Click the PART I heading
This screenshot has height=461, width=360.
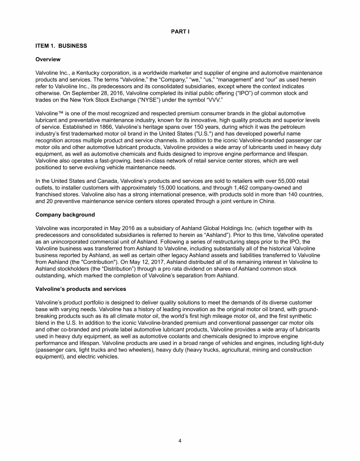[180, 31]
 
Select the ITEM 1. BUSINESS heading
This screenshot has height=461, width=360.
[61, 46]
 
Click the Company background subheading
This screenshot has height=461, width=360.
[65, 215]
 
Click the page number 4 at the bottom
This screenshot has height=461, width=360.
[180, 440]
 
